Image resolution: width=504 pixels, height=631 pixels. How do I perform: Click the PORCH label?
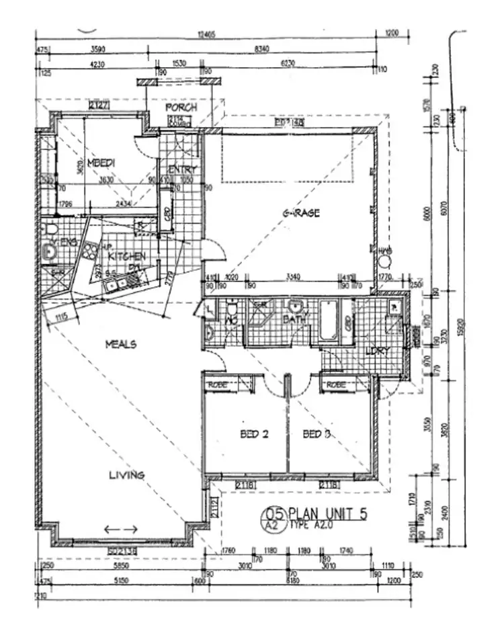181,108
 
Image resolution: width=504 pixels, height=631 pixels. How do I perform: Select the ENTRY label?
182,170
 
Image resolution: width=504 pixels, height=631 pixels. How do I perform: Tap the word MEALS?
121,344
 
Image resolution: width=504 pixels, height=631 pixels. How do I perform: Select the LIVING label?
127,475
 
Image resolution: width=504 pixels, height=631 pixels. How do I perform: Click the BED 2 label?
255,434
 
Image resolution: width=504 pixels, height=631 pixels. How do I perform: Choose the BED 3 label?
317,434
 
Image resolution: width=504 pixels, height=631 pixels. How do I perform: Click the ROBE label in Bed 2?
219,384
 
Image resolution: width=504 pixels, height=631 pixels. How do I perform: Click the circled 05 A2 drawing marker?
274,519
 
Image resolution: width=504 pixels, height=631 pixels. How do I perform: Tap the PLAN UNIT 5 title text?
328,515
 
